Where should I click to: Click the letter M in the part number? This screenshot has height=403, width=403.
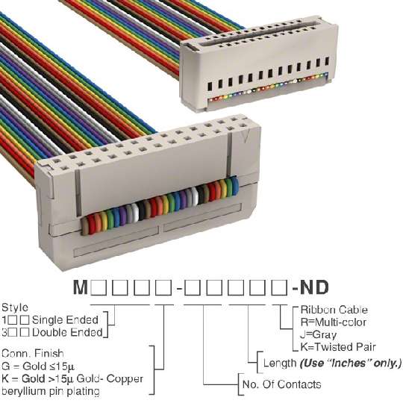81,287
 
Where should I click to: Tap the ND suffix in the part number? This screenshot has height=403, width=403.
314,287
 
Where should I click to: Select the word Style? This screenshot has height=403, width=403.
15,307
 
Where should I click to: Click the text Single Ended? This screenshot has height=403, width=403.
65,320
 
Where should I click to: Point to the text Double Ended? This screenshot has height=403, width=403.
67,332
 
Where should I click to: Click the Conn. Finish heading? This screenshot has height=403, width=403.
32,354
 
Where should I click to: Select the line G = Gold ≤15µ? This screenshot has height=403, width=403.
38,366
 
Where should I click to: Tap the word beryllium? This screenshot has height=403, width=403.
23,391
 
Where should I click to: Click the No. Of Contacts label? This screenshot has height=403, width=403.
281,384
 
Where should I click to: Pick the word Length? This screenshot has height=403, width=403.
280,363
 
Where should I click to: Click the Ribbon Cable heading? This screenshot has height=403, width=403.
334,310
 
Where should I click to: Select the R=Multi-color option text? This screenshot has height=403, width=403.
333,322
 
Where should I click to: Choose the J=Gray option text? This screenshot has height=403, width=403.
318,334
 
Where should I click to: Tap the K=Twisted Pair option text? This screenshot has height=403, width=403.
338,347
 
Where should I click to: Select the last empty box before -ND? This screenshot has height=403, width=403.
279,287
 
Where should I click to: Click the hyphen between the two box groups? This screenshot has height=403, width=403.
179,288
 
